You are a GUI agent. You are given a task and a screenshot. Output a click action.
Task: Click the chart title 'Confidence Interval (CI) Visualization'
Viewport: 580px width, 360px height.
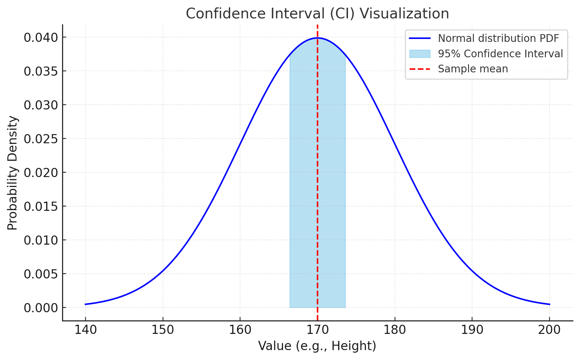tap(317, 14)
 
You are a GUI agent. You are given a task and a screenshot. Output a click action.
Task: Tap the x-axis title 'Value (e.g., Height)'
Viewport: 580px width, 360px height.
tap(317, 346)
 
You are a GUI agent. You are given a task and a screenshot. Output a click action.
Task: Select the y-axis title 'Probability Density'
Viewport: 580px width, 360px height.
tap(12, 173)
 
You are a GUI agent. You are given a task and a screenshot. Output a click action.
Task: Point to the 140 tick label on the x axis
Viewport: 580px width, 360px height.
tap(86, 330)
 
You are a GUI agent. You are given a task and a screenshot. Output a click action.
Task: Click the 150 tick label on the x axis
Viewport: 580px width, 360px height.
tap(163, 330)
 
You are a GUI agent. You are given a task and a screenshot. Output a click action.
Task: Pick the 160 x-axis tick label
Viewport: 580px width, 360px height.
tap(240, 330)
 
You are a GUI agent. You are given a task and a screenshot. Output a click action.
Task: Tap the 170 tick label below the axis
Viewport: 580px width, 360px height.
tap(317, 330)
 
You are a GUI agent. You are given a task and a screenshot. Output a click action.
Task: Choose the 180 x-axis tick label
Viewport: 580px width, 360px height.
tap(395, 330)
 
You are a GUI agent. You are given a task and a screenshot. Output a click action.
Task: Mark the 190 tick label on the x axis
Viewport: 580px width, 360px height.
tap(472, 330)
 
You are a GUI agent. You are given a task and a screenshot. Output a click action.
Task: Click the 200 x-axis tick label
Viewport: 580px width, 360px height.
tap(549, 330)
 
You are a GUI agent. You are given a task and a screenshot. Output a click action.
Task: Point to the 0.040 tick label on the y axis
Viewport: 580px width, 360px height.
tap(41, 37)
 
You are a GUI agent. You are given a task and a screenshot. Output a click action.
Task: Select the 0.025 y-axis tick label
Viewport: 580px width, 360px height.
tap(41, 139)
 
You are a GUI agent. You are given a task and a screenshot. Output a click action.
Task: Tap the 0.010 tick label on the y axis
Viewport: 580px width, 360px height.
tap(41, 240)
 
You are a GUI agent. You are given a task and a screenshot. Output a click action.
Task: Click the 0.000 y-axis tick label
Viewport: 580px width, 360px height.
tap(41, 308)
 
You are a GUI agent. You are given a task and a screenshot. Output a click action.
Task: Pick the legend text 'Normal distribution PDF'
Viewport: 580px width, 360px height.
tap(498, 38)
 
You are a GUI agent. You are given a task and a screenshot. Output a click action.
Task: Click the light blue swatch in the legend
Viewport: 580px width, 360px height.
tap(420, 54)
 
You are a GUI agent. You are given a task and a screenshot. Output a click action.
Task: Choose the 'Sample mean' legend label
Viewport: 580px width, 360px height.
tap(473, 69)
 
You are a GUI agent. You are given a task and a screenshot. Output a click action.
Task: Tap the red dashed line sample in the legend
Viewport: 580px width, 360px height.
tap(420, 69)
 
